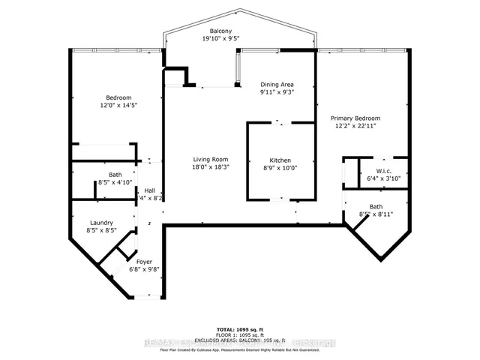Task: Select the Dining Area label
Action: pos(277,85)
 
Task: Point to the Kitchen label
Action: pos(280,160)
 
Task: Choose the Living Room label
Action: pos(211,159)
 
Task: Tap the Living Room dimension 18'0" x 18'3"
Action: pos(211,167)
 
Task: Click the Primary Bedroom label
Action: pos(356,118)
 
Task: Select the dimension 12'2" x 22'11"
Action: pos(356,127)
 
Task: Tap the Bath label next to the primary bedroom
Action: pos(376,206)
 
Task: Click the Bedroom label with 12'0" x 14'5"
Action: pos(118,98)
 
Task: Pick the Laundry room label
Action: pos(100,223)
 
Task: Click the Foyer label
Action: pos(143,262)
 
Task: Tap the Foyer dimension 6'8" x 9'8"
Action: pos(143,270)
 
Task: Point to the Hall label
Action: pos(150,190)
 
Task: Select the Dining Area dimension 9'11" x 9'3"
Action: pos(277,93)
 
